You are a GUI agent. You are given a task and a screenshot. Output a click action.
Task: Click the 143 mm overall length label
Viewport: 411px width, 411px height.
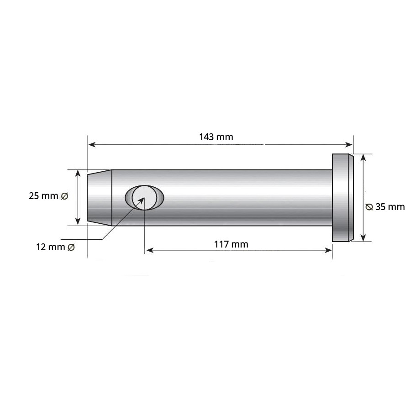216,137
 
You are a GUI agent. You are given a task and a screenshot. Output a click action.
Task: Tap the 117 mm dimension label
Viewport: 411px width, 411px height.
231,244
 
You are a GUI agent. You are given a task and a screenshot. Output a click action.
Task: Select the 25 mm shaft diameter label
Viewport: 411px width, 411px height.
48,196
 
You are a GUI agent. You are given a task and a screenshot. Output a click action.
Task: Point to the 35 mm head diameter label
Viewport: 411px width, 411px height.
385,207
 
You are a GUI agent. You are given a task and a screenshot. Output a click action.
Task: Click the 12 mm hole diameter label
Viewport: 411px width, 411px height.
55,247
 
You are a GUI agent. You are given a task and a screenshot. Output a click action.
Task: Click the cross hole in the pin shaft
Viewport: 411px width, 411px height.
144,197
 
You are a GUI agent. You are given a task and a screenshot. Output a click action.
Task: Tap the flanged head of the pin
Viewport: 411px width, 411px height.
343,198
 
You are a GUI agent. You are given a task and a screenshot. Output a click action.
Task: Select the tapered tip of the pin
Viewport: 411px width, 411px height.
100,198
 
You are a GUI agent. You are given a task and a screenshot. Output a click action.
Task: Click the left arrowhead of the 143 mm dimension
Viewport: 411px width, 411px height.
92,144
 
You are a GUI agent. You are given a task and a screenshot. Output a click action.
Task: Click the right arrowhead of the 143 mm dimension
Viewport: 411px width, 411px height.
349,144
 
